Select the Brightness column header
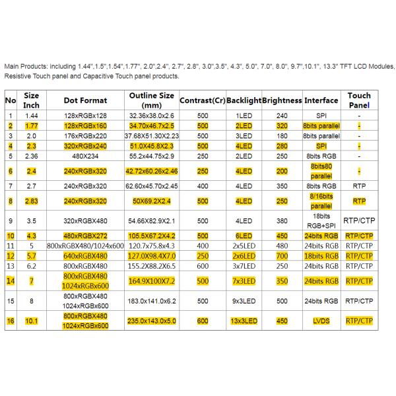coord(281,100)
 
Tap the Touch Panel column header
coord(359,100)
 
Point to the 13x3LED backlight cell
coord(244,322)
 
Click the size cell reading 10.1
coord(32,322)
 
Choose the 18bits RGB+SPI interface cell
coord(321,220)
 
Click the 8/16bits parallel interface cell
coord(321,200)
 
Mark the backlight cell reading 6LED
coord(244,234)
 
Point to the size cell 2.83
coord(32,200)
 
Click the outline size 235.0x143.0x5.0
coord(152,322)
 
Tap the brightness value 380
coord(282,220)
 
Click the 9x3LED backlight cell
coord(244,301)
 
